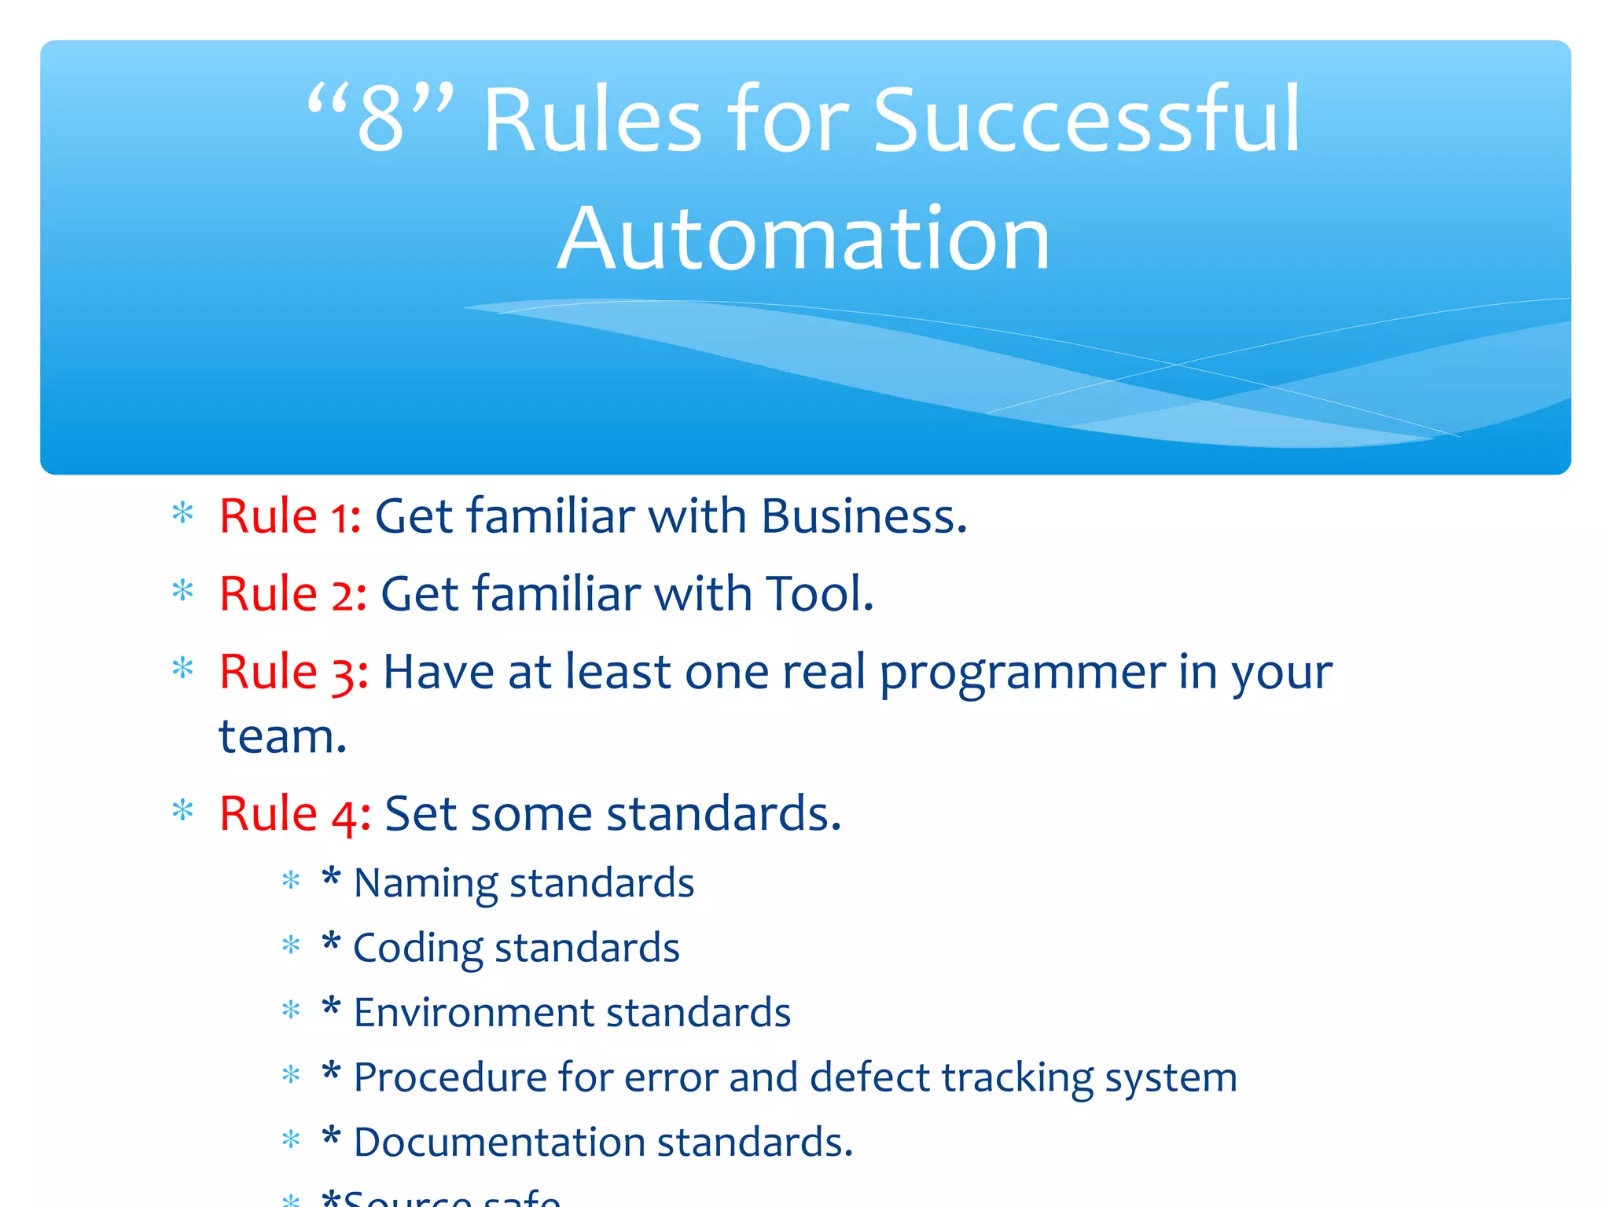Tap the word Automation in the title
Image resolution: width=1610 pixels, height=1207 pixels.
point(803,238)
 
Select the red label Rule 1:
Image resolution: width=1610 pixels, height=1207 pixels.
point(290,516)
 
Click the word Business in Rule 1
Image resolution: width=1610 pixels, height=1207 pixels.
point(862,516)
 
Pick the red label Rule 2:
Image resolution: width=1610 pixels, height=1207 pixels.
point(292,594)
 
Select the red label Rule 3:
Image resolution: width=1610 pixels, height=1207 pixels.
point(293,673)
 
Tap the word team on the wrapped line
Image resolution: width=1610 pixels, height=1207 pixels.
point(281,737)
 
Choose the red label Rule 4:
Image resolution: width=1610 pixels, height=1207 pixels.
point(295,813)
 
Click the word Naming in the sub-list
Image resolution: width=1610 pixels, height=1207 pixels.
point(425,884)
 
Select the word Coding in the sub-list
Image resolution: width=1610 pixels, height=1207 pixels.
point(417,948)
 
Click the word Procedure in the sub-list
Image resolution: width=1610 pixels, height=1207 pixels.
point(450,1077)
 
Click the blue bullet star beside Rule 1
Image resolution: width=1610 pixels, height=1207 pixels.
point(182,514)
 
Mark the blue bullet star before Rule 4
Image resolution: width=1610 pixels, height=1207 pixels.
point(182,810)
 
